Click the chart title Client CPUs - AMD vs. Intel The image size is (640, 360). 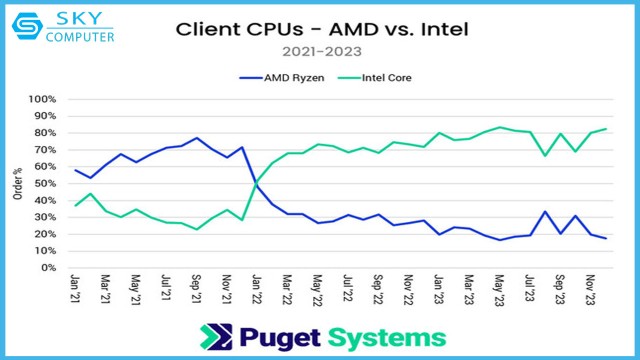pos(322,29)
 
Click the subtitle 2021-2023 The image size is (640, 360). pos(321,51)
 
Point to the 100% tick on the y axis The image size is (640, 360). pos(42,99)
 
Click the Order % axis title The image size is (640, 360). pos(18,183)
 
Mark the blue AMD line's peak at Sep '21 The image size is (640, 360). pos(197,138)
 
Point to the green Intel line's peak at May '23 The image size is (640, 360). pos(499,127)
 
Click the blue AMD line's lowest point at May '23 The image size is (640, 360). pos(499,240)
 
